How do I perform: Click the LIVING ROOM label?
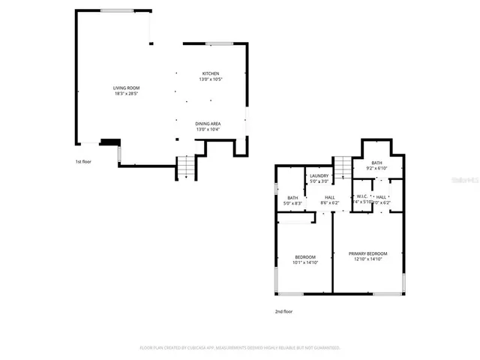pyautogui.click(x=127, y=88)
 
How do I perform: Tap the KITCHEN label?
pyautogui.click(x=210, y=73)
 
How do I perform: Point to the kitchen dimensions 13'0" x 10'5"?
pyautogui.click(x=210, y=79)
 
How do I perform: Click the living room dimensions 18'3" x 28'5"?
pyautogui.click(x=127, y=94)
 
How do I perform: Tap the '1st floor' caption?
pyautogui.click(x=83, y=161)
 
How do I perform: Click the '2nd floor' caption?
pyautogui.click(x=283, y=310)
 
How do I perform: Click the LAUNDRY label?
pyautogui.click(x=319, y=175)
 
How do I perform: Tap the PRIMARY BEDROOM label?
pyautogui.click(x=367, y=253)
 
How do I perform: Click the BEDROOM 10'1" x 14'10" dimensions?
pyautogui.click(x=304, y=262)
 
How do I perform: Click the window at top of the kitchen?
pyautogui.click(x=219, y=43)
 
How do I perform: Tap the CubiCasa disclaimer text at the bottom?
pyautogui.click(x=240, y=347)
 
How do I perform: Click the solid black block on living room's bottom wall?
pyautogui.click(x=109, y=141)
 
